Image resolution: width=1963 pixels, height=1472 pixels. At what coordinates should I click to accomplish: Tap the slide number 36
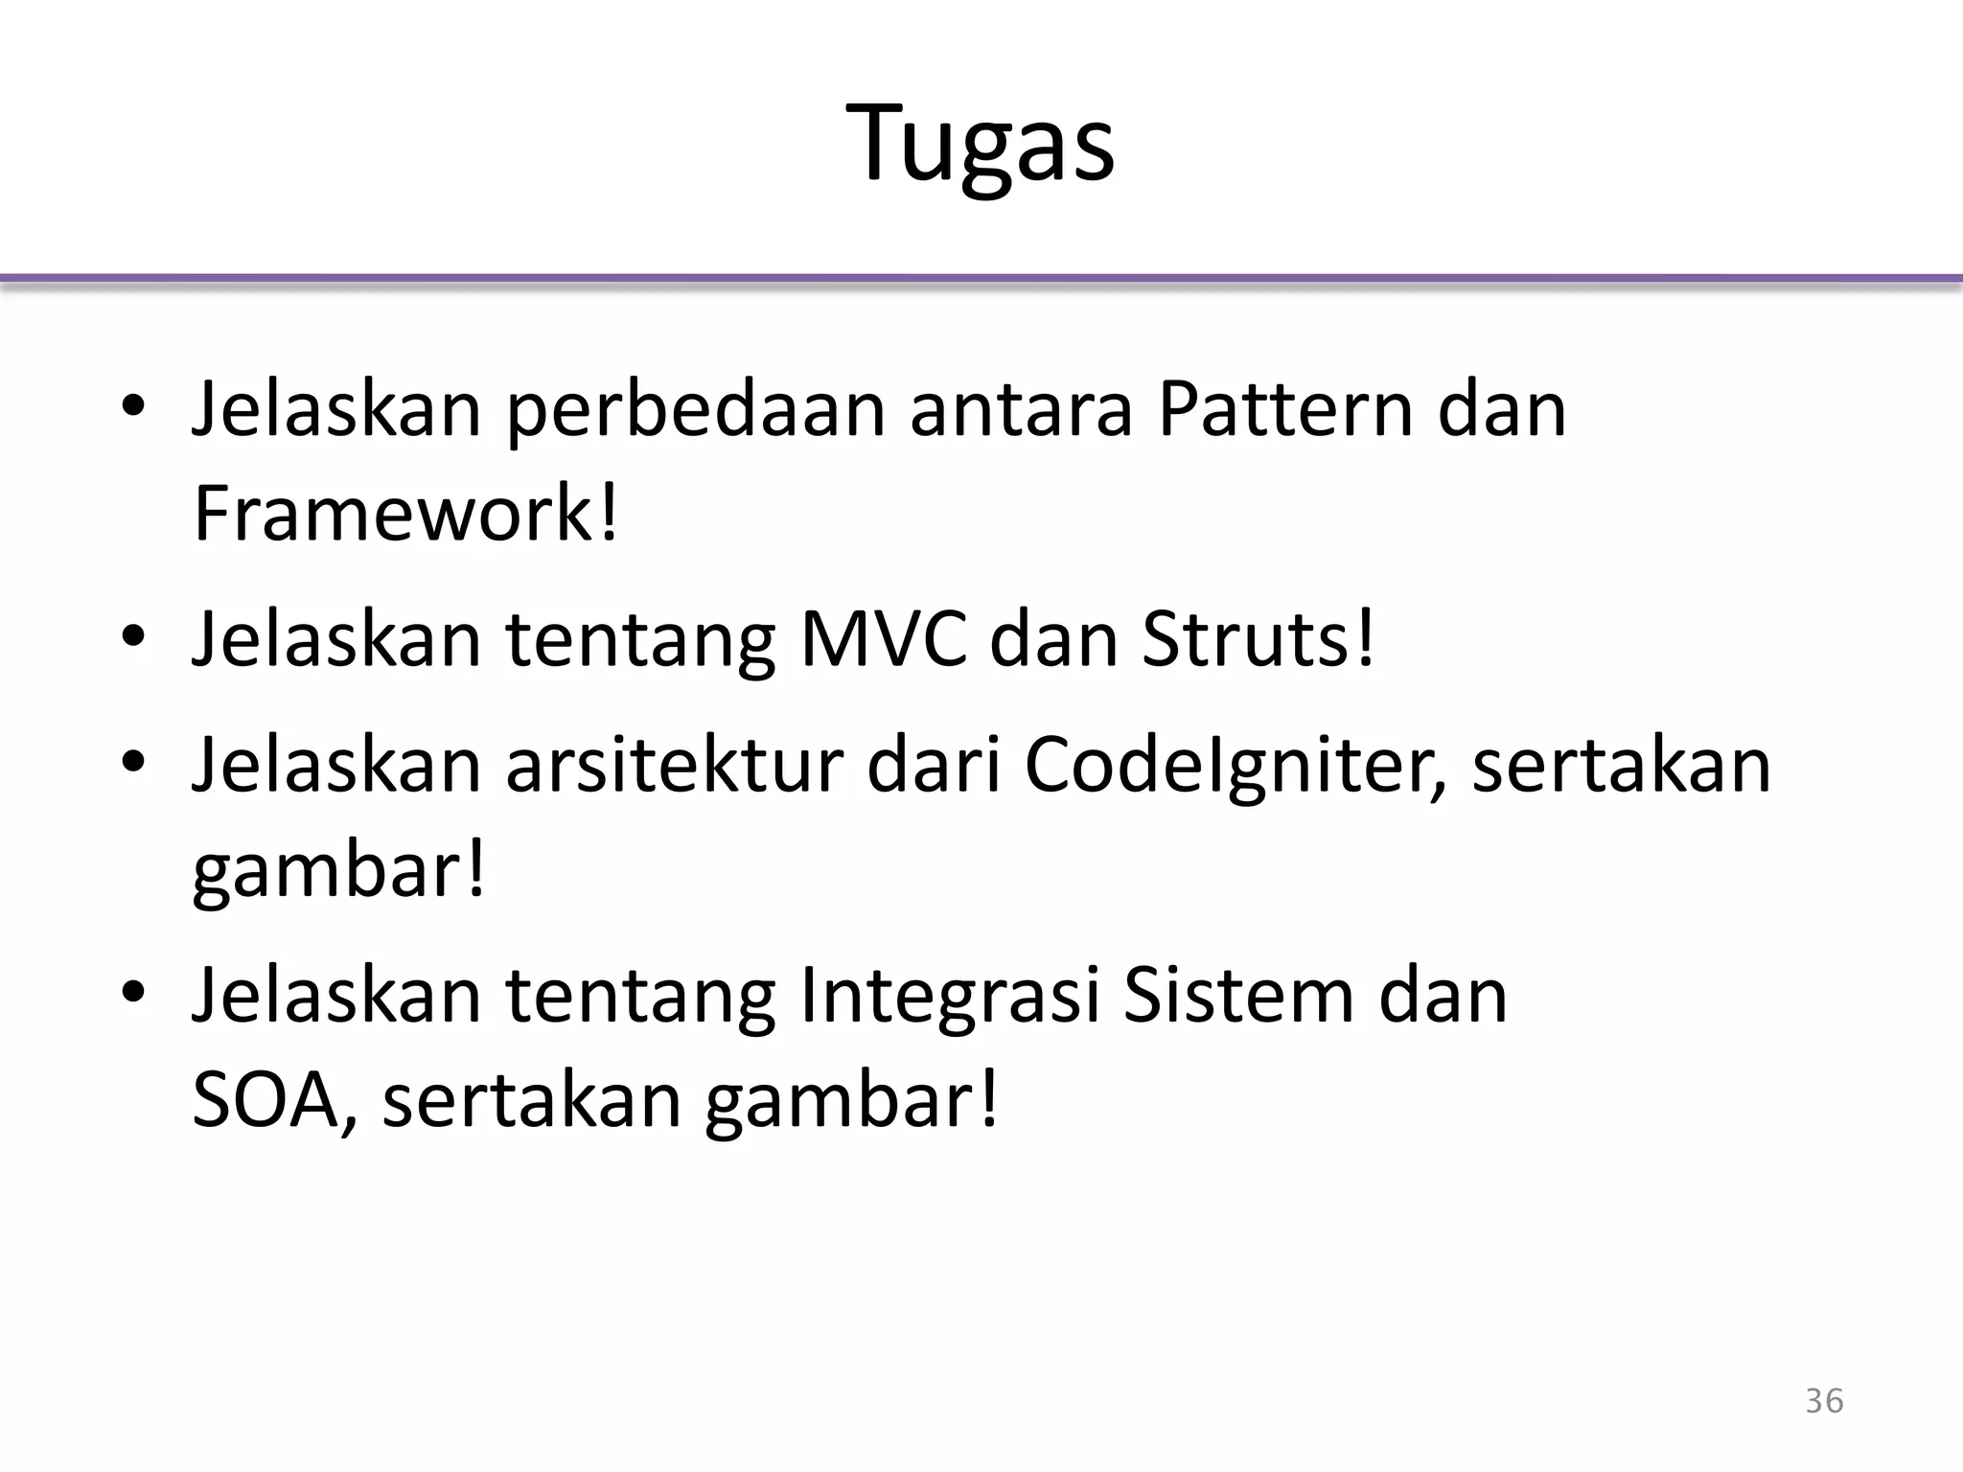pyautogui.click(x=1824, y=1401)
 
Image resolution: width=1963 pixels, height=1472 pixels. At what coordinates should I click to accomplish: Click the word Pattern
pyautogui.click(x=1285, y=409)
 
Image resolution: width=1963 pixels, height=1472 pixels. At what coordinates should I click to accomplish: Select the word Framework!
pyautogui.click(x=405, y=515)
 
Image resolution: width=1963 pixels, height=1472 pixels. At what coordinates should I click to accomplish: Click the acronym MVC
pyautogui.click(x=883, y=640)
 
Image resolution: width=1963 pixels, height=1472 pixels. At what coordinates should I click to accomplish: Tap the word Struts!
pyautogui.click(x=1259, y=640)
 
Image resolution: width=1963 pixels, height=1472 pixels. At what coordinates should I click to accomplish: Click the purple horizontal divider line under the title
pyautogui.click(x=981, y=279)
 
